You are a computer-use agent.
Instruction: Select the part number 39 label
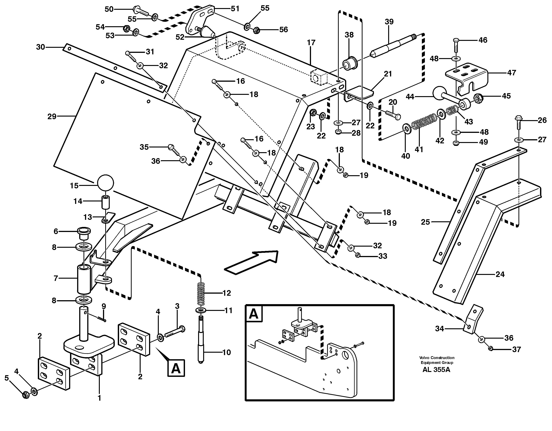coord(389,22)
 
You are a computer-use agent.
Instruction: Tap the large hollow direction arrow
coord(252,262)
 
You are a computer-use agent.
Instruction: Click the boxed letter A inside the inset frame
coord(254,314)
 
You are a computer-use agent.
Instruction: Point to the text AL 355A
coord(436,370)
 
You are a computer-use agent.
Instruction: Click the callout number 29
coord(52,117)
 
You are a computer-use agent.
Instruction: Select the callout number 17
coord(311,43)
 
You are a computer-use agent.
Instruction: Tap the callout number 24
coord(500,274)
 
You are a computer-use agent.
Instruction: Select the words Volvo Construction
coord(437,358)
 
